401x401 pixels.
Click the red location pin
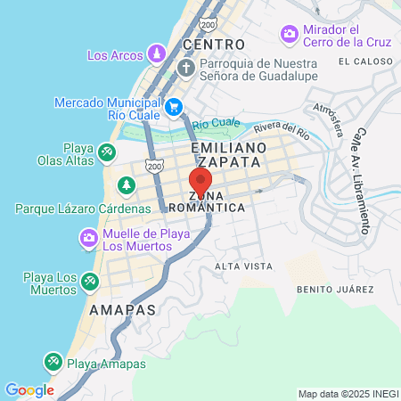pyautogui.click(x=200, y=183)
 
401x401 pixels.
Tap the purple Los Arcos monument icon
pyautogui.click(x=157, y=54)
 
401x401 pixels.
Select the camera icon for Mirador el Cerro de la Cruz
pyautogui.click(x=290, y=34)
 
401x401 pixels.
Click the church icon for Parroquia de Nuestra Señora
pyautogui.click(x=186, y=69)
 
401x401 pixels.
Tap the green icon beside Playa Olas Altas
pyautogui.click(x=106, y=152)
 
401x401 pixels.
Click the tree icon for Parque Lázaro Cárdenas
pyautogui.click(x=127, y=185)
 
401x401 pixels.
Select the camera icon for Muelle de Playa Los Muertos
pyautogui.click(x=88, y=238)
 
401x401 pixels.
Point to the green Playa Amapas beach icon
pyautogui.click(x=53, y=362)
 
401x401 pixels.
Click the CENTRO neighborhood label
pyautogui.click(x=213, y=44)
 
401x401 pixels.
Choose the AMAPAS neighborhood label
pyautogui.click(x=122, y=309)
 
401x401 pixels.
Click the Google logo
pyautogui.click(x=29, y=390)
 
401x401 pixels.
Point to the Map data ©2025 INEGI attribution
pyautogui.click(x=347, y=394)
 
